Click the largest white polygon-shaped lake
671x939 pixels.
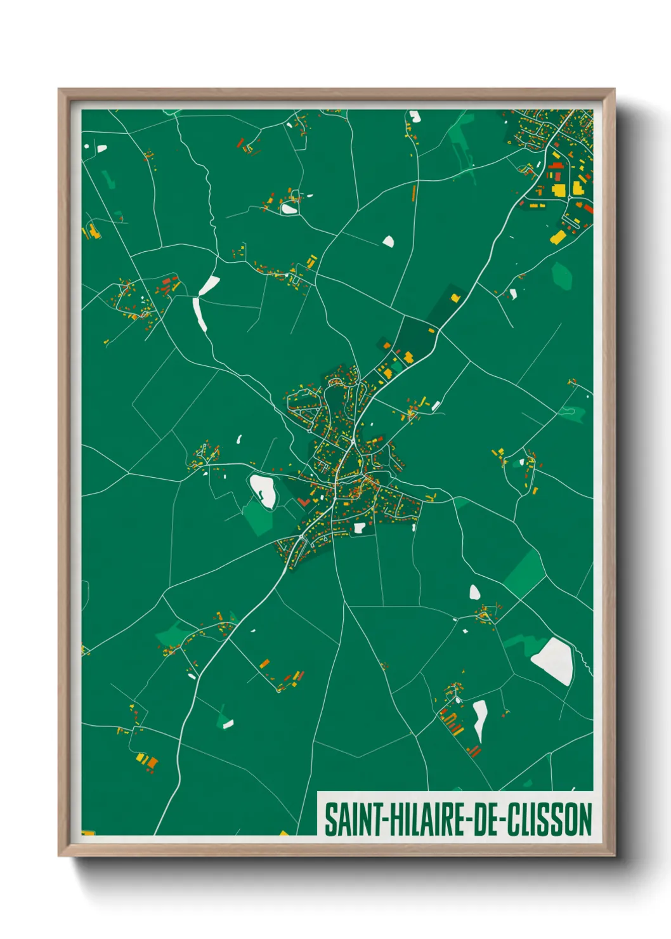click(x=554, y=660)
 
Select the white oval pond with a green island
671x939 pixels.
click(x=263, y=490)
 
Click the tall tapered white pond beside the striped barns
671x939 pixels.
click(x=480, y=719)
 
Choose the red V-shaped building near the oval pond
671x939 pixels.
click(x=303, y=502)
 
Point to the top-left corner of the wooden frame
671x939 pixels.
click(x=59, y=89)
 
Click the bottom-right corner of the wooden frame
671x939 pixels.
click(x=614, y=855)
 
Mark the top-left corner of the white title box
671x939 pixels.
click(x=318, y=792)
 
